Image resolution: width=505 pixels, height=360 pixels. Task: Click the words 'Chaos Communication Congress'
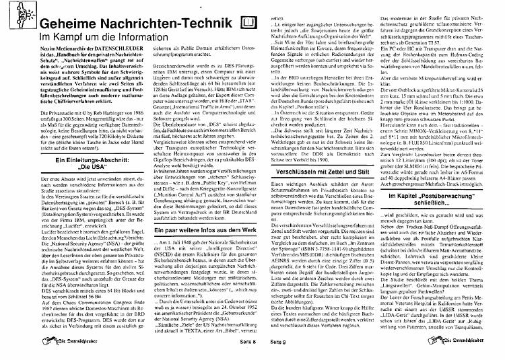pyautogui.click(x=73, y=304)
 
